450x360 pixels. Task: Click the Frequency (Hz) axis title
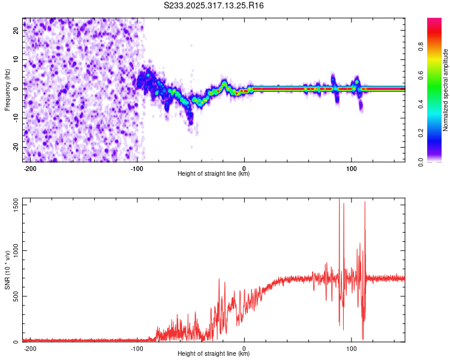[x=7, y=89]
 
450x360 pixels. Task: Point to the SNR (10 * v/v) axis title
[x=7, y=270]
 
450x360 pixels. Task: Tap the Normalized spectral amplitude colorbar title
[x=446, y=90]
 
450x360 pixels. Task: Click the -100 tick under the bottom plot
[x=137, y=347]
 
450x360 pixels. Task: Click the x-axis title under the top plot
[x=214, y=174]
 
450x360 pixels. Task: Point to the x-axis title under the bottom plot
[x=214, y=354]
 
